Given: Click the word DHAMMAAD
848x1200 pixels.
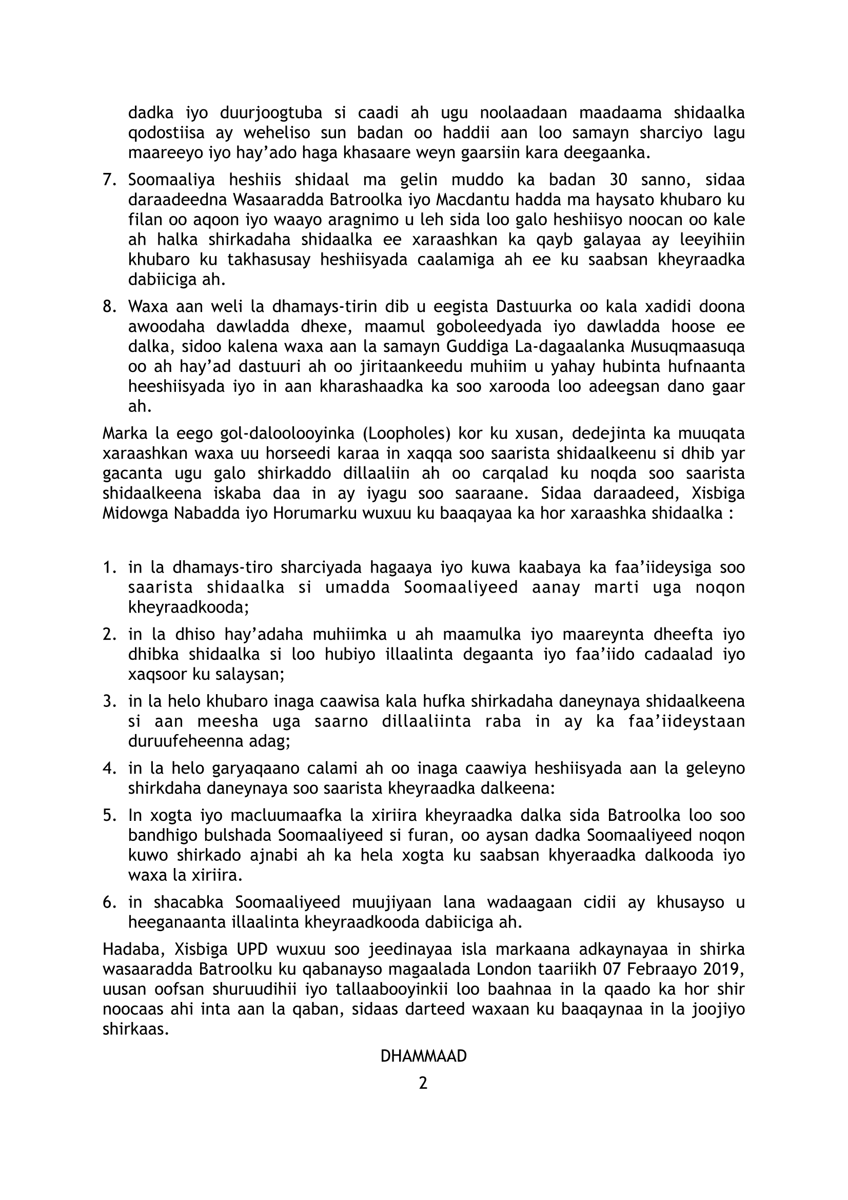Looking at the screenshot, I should pos(423,1056).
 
